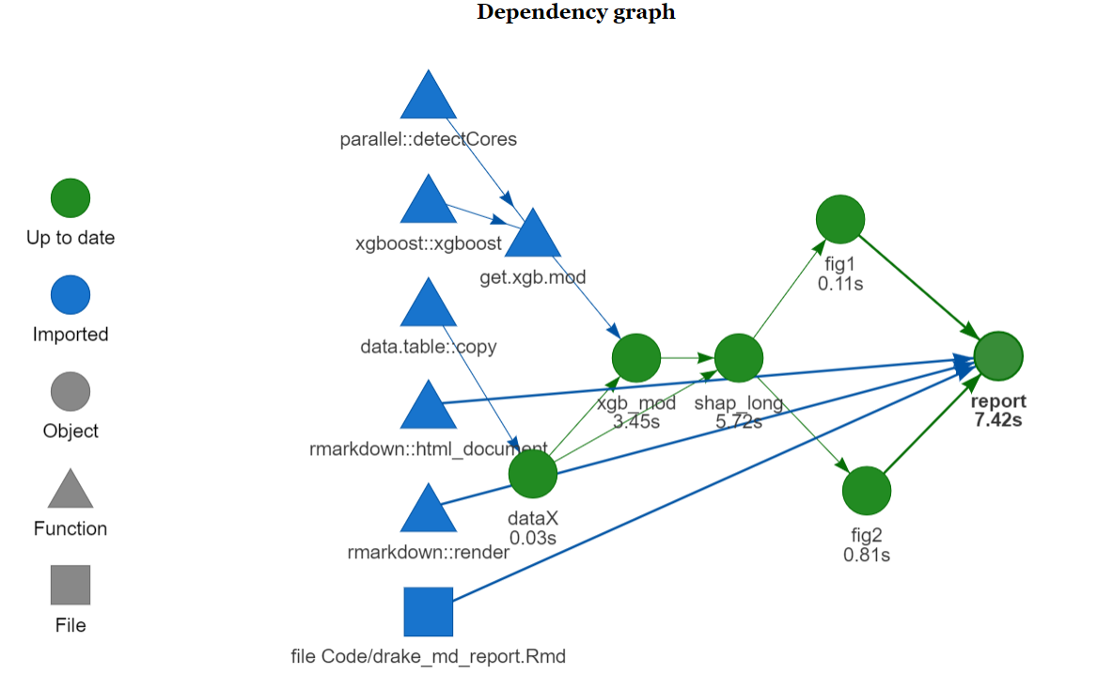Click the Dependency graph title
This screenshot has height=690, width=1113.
[575, 12]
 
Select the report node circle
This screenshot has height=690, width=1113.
[998, 356]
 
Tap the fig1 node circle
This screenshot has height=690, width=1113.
[840, 218]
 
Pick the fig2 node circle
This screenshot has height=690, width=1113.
[867, 491]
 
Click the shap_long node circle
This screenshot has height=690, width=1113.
[738, 357]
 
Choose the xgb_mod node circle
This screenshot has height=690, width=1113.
[636, 357]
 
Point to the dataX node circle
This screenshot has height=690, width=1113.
[533, 473]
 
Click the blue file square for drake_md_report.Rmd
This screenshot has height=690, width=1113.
[429, 612]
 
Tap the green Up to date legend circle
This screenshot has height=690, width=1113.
[71, 198]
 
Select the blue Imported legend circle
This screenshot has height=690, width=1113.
[71, 295]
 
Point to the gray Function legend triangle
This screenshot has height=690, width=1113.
[71, 491]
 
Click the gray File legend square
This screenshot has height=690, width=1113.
[71, 585]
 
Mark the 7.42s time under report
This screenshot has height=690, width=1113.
[998, 420]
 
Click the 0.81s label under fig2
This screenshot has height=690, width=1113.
[867, 555]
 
